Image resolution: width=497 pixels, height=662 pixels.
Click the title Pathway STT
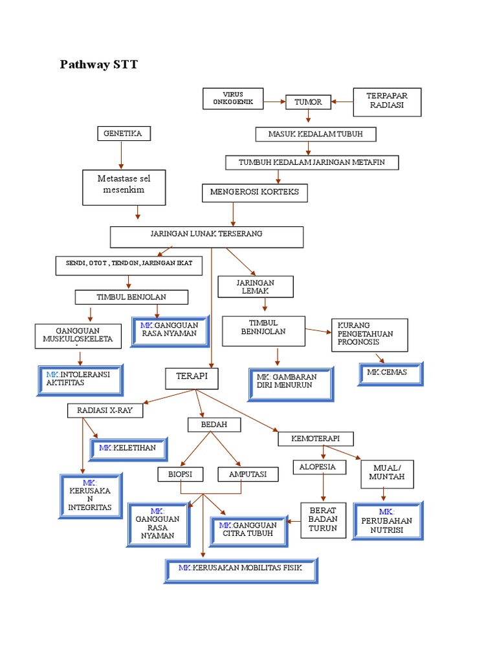click(x=98, y=65)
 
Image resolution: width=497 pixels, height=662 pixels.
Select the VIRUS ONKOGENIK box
click(x=233, y=98)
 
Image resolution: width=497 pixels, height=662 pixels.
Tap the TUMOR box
click(x=308, y=101)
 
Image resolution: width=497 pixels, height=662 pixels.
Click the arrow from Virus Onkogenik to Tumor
click(x=274, y=101)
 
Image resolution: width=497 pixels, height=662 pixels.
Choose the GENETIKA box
click(x=123, y=134)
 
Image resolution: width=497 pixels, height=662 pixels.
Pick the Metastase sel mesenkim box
click(x=124, y=186)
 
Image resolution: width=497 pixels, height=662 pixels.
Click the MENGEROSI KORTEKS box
click(x=254, y=193)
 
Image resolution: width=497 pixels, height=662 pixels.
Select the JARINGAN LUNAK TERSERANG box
click(x=206, y=237)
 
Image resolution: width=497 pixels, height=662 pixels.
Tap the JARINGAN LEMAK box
click(x=256, y=287)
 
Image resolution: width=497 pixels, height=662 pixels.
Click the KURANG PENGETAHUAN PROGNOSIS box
click(x=370, y=334)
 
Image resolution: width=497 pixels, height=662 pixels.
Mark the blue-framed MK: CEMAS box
click(x=390, y=374)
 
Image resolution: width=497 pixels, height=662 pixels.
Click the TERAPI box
click(x=192, y=378)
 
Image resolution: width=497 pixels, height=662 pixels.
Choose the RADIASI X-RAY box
click(x=105, y=410)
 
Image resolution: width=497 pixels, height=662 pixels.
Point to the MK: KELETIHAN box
click(x=128, y=448)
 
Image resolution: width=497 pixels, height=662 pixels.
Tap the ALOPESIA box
click(x=318, y=467)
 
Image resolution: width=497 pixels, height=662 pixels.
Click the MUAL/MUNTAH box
click(x=387, y=473)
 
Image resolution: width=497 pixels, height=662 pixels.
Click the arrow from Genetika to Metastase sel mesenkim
click(x=121, y=155)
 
